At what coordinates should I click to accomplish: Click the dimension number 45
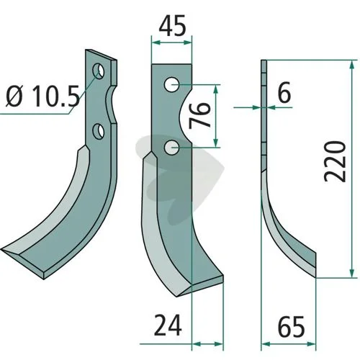coord(172,25)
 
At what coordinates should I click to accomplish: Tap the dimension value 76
coord(199,115)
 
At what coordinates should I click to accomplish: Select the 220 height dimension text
coord(335,161)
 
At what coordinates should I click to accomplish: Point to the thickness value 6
coord(284,92)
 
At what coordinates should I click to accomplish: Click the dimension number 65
coord(291,326)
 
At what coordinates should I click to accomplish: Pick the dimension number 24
coord(168,325)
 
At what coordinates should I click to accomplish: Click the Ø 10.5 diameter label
coord(42,96)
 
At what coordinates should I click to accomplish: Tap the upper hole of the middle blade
coord(171,84)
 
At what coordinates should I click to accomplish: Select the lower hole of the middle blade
coord(172,148)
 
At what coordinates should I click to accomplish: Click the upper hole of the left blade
coord(99,71)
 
